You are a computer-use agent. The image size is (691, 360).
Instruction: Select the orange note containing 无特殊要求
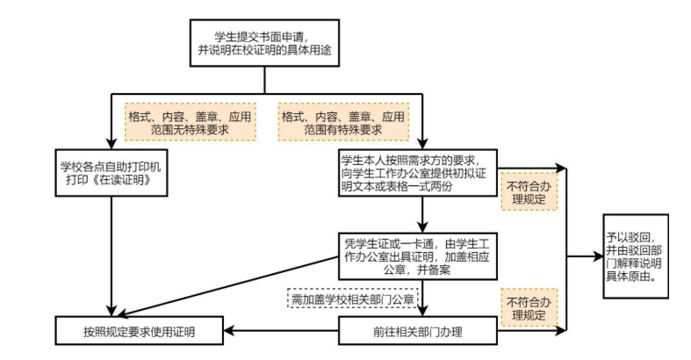(x=190, y=123)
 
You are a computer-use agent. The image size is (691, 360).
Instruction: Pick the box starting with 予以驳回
(x=635, y=256)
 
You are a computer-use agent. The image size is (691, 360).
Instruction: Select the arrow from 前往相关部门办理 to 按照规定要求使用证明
(x=280, y=331)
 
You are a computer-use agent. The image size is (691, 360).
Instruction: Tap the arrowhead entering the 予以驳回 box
(x=598, y=256)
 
